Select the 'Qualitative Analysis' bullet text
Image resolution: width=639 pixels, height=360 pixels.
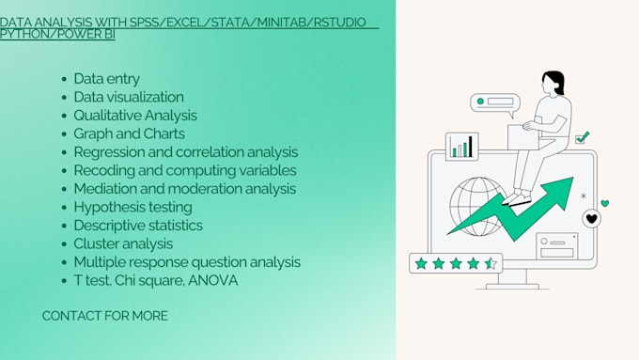click(x=135, y=116)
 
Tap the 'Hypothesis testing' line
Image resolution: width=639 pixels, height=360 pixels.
click(x=132, y=207)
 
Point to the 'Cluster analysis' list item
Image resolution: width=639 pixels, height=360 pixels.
click(x=123, y=243)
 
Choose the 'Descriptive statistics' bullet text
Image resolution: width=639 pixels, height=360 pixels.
click(x=138, y=226)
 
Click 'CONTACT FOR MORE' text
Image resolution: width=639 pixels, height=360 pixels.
click(x=105, y=316)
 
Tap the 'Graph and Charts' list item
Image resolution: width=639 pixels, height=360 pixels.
click(x=129, y=133)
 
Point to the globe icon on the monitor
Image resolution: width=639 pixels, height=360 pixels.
click(x=476, y=206)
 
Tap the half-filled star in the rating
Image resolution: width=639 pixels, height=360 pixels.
click(x=491, y=263)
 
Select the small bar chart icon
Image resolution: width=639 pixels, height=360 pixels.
click(x=461, y=147)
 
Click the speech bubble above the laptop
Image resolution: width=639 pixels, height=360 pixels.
click(x=494, y=102)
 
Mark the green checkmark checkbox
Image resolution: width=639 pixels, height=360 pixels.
click(x=582, y=137)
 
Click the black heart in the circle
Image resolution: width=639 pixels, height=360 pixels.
click(x=591, y=218)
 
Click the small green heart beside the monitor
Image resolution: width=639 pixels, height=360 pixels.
click(x=605, y=202)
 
